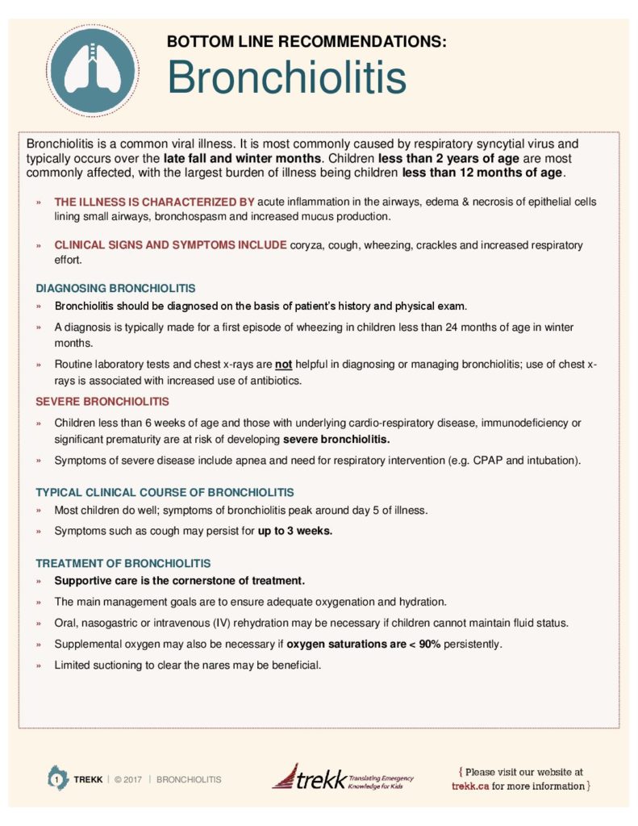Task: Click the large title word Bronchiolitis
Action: point(286,77)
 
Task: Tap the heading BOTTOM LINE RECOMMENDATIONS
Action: point(306,41)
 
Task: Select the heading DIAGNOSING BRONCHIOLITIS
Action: point(115,287)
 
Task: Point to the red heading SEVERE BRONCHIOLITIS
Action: point(102,401)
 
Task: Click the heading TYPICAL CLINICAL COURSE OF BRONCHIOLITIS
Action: point(165,492)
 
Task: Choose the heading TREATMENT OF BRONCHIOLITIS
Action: point(123,562)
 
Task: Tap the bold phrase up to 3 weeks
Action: point(294,531)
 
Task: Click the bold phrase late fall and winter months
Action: point(242,158)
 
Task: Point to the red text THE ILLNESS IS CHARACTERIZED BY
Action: point(154,202)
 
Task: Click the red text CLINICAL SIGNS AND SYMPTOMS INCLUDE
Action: point(170,245)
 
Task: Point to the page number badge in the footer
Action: point(56,778)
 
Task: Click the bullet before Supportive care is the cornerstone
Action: point(39,581)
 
